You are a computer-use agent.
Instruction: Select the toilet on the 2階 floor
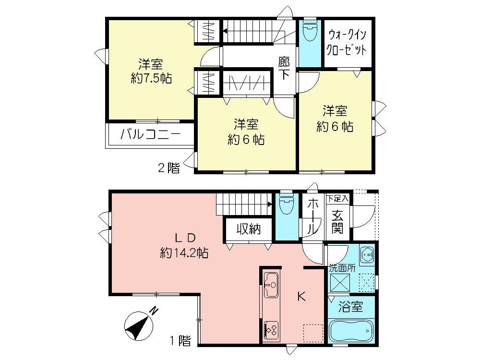click(x=310, y=32)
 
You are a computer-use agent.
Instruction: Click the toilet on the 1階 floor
click(x=287, y=205)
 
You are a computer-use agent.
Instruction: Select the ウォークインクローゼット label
click(x=347, y=42)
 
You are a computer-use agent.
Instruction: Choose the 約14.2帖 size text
click(x=184, y=253)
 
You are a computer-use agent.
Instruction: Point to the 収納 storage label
click(x=248, y=229)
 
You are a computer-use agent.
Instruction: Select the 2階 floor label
click(x=169, y=168)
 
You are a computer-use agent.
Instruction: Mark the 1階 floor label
click(x=180, y=341)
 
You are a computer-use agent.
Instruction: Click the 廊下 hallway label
click(x=284, y=68)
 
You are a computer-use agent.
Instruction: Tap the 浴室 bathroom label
click(x=350, y=305)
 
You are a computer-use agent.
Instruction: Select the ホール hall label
click(x=312, y=217)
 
